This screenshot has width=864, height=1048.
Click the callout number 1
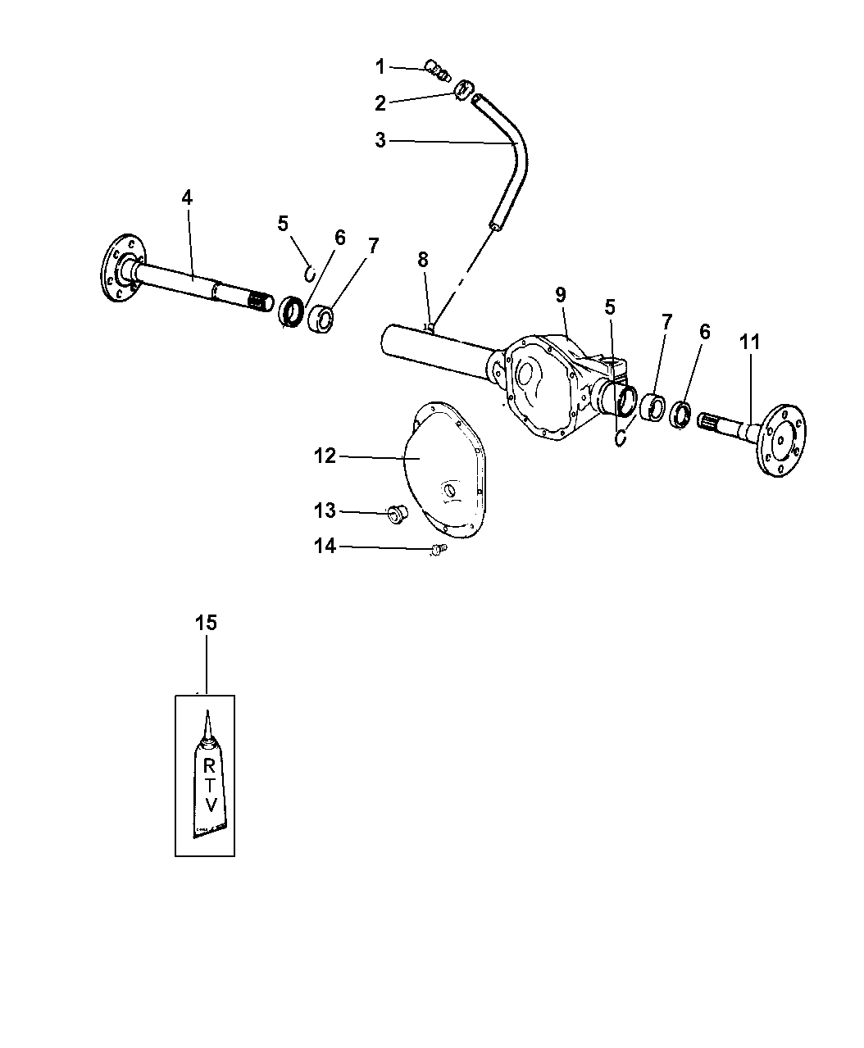[x=380, y=66]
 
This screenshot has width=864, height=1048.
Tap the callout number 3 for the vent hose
[x=380, y=140]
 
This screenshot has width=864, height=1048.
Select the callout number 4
[x=187, y=197]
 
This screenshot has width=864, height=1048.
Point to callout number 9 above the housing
[x=561, y=294]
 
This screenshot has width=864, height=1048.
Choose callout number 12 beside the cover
[x=325, y=456]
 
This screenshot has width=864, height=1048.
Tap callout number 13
[x=325, y=510]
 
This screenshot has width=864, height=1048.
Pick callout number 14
[x=325, y=547]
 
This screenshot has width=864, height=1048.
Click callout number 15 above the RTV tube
[x=206, y=623]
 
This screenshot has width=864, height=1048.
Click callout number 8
[x=423, y=260]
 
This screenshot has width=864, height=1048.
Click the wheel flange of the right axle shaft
[x=781, y=441]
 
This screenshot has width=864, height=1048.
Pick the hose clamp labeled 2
[x=463, y=90]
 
